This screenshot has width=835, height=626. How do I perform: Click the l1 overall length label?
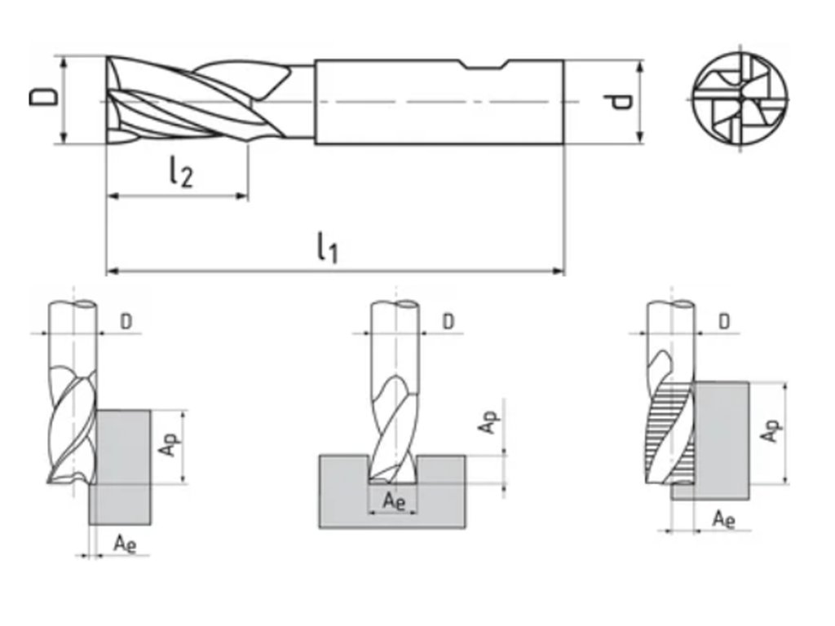pos(327,247)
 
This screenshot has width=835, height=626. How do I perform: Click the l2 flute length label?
pos(181,172)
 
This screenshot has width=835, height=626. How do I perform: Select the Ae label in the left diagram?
pos(124,541)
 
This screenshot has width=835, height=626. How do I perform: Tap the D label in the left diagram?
pos(126,321)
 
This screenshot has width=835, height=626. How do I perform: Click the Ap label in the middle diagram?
pos(487,421)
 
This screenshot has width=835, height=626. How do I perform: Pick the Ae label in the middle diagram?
pos(394,500)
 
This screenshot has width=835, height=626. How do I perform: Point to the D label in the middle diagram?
pos(448,321)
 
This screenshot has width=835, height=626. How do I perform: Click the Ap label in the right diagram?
pos(768,431)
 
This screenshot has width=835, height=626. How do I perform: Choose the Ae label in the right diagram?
pos(723,518)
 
